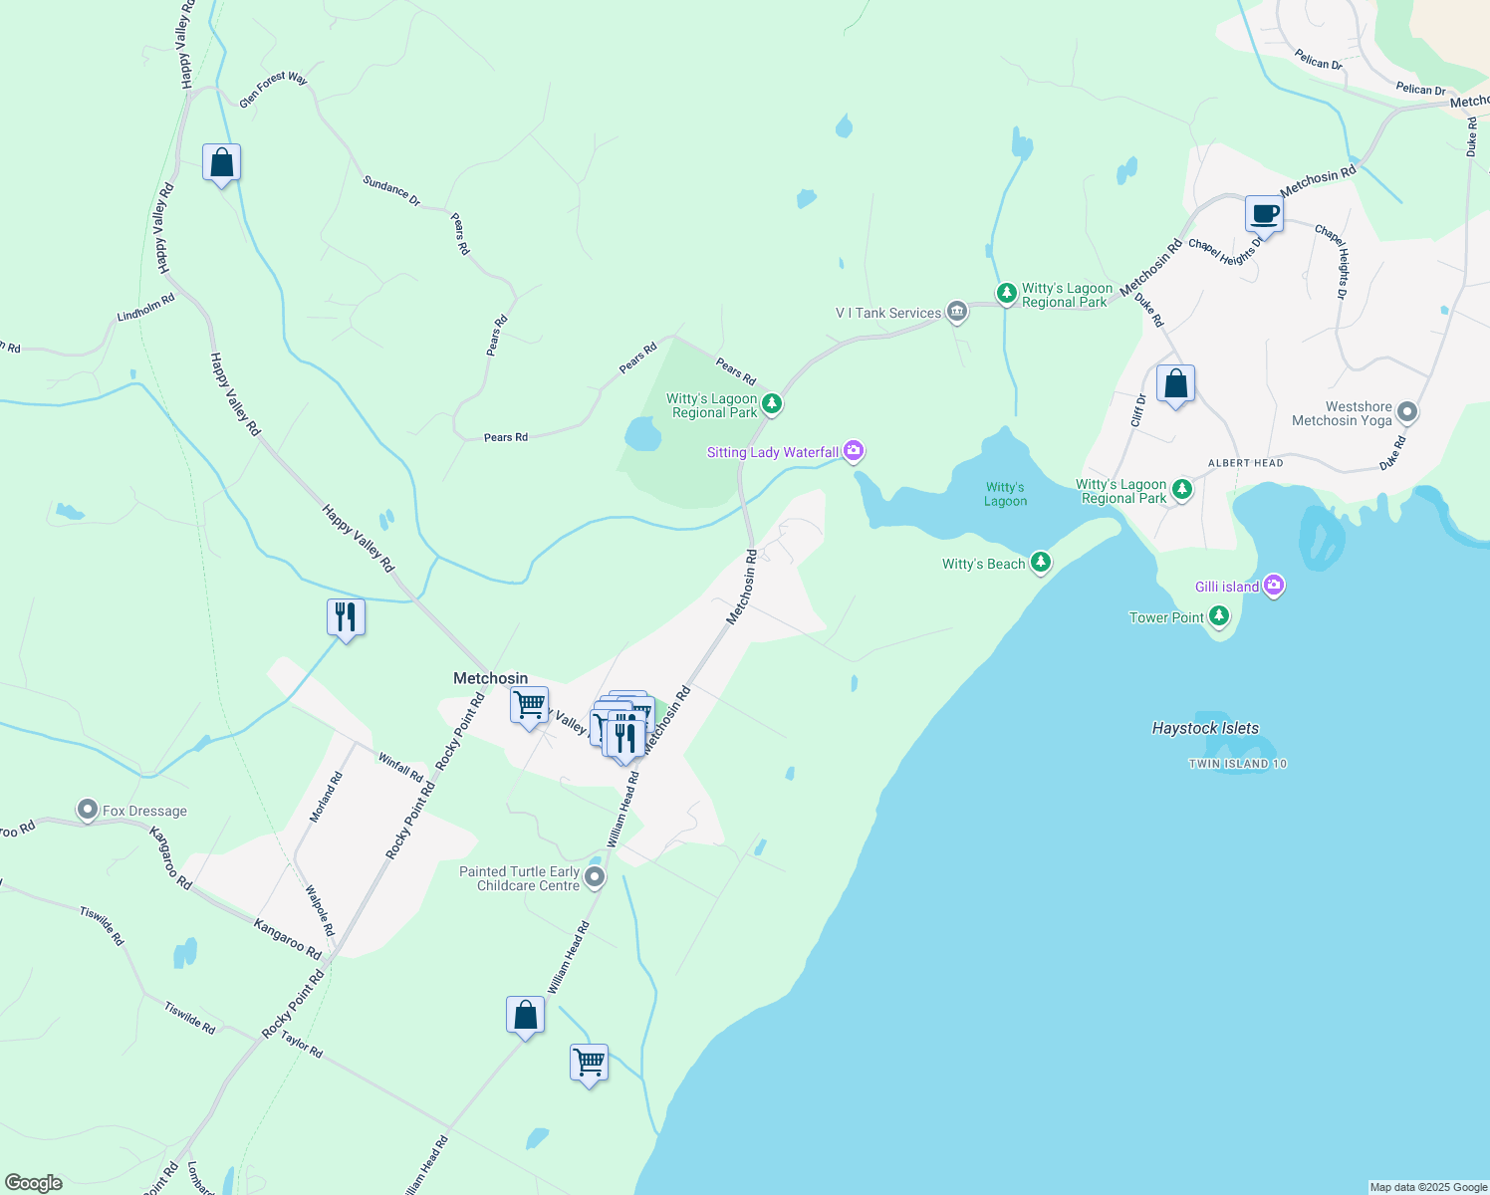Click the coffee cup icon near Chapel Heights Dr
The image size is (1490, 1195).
point(1264,213)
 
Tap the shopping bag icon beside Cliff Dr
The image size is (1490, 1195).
point(1175,384)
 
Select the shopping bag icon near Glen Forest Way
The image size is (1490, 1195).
point(221,163)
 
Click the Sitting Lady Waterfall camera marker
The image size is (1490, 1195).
point(854,451)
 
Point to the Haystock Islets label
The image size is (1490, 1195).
point(1205,728)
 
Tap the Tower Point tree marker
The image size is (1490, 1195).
point(1219,617)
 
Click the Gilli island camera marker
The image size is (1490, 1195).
point(1274,586)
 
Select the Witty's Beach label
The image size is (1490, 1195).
point(983,564)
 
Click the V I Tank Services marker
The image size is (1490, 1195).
point(956,312)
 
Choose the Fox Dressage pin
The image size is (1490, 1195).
point(88,810)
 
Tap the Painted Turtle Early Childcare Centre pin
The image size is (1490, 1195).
point(595,877)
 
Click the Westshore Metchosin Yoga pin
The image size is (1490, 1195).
point(1406,411)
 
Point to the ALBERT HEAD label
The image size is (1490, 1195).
point(1245,463)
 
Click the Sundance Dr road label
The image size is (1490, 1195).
point(391,191)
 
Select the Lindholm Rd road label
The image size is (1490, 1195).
point(145,308)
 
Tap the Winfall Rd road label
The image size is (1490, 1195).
point(400,767)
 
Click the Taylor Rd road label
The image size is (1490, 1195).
point(301,1045)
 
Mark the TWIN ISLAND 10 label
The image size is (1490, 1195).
point(1237,764)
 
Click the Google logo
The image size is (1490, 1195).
point(34,1182)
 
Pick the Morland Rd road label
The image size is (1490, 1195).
point(326,797)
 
